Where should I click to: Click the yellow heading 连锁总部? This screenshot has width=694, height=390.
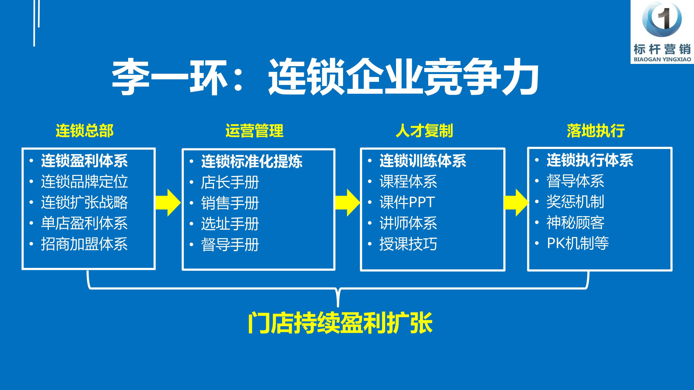click(85, 131)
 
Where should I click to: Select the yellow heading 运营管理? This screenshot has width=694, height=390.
click(254, 131)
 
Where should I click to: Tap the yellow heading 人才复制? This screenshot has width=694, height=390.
click(424, 131)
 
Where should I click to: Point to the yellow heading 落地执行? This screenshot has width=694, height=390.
click(596, 131)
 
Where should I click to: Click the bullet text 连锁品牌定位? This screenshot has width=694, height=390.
click(84, 181)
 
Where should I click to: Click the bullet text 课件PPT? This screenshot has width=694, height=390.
click(407, 202)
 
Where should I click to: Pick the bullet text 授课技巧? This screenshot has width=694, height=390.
click(408, 244)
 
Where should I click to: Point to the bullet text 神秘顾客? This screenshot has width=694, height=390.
click(575, 223)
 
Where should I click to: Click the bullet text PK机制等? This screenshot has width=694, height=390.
click(578, 243)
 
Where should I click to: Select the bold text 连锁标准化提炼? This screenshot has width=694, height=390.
click(252, 161)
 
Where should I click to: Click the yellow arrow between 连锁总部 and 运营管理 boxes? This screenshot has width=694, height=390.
click(168, 202)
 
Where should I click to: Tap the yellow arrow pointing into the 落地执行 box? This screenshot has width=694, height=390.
click(516, 202)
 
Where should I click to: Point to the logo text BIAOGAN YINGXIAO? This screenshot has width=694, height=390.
click(662, 59)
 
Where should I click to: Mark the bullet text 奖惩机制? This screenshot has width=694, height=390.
click(575, 202)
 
